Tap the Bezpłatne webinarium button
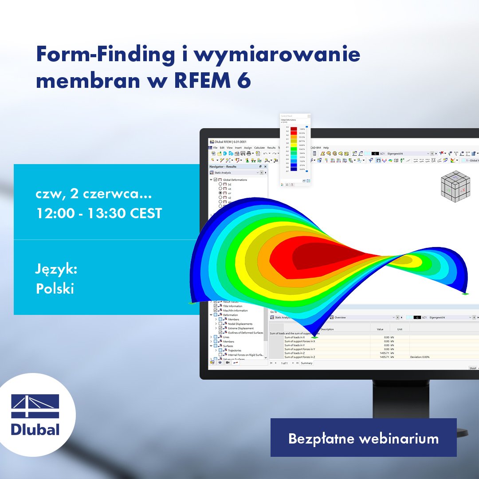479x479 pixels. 363,438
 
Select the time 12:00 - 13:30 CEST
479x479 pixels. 99,213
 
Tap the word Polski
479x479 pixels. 55,288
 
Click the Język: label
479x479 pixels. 56,269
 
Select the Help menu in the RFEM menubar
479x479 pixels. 326,148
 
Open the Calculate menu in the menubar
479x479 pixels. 259,148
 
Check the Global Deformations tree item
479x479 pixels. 235,180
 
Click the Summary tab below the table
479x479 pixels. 307,363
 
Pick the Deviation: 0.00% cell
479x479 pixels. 420,357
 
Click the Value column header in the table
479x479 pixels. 380,329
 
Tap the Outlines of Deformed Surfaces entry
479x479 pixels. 245,332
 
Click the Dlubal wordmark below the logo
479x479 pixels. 35,430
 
